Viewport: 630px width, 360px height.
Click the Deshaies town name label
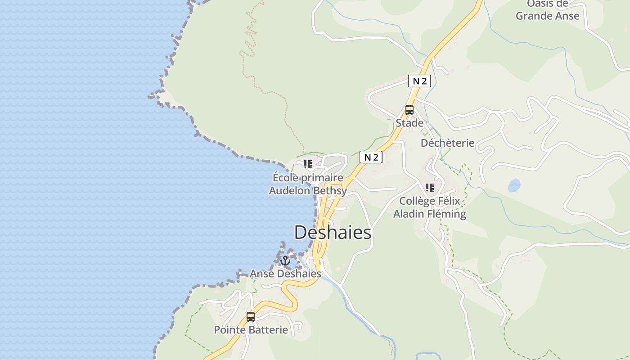click(333, 233)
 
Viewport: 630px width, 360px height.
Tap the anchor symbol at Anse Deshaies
click(285, 261)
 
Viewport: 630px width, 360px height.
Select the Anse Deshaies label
click(285, 274)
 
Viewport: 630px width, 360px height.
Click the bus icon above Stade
click(409, 109)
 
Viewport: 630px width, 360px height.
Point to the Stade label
click(409, 123)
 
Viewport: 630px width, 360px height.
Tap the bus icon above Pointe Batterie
click(251, 317)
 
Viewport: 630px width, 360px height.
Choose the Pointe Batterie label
click(251, 330)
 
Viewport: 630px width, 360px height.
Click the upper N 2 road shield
click(419, 81)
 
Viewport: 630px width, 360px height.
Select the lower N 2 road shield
click(371, 157)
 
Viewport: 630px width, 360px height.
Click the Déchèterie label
click(447, 143)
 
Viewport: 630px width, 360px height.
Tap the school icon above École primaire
click(308, 164)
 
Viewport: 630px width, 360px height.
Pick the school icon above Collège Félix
click(430, 188)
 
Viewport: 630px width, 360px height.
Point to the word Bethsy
click(330, 191)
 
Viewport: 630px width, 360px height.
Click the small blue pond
click(514, 185)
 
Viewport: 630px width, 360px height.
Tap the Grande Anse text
click(547, 16)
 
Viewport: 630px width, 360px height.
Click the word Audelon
click(289, 191)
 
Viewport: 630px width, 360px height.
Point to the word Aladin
click(409, 214)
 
